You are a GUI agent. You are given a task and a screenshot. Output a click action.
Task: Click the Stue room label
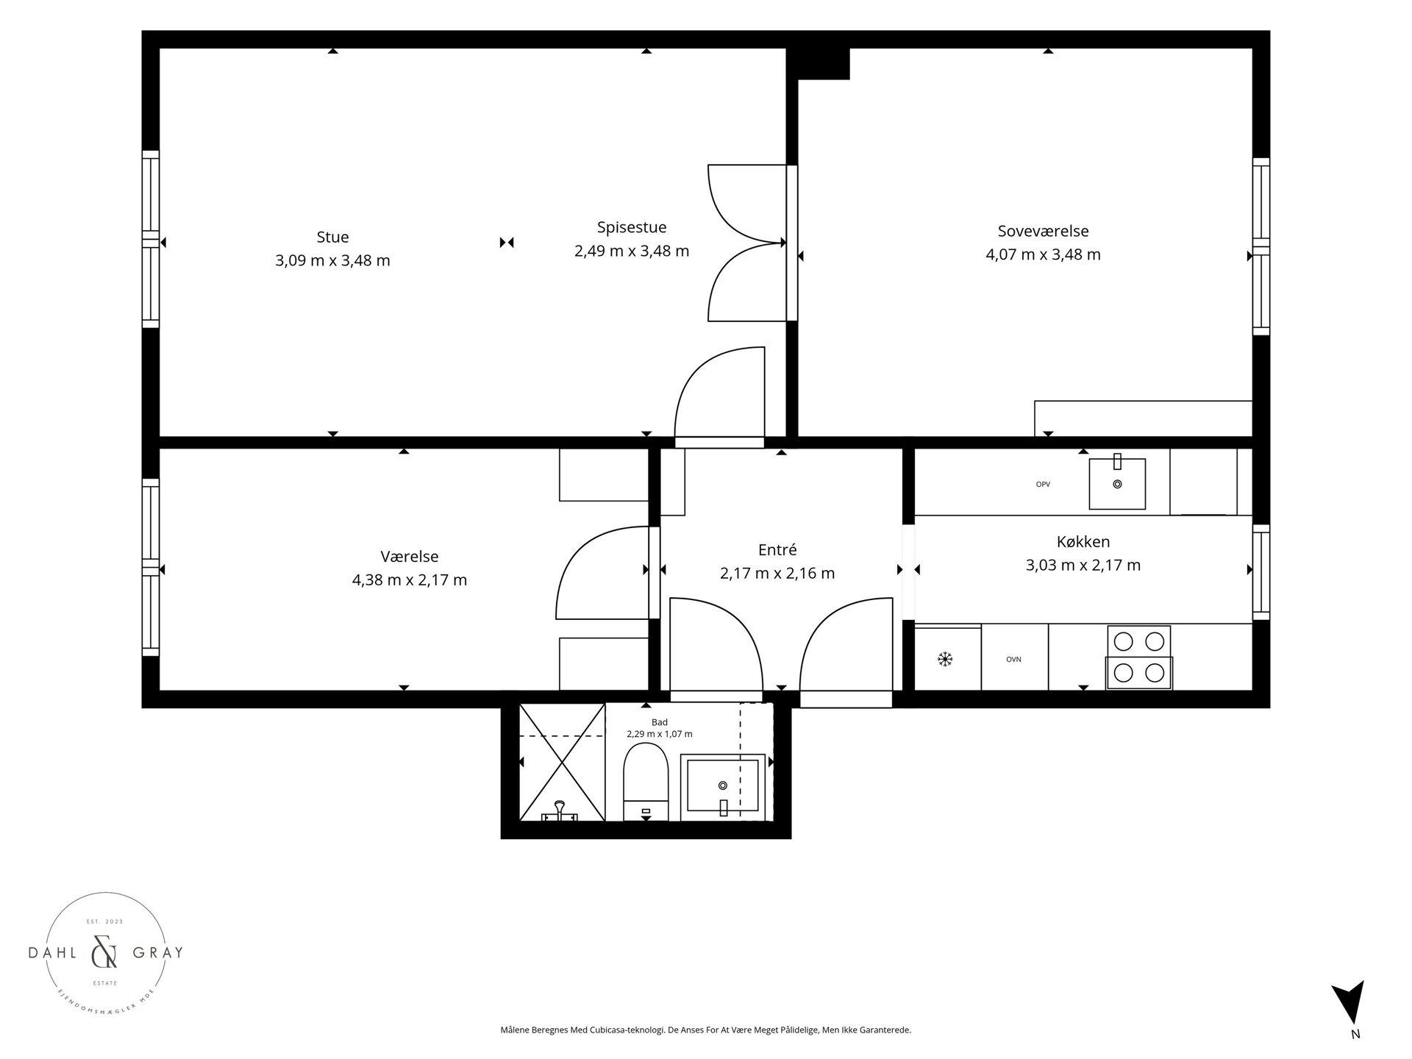click(x=332, y=237)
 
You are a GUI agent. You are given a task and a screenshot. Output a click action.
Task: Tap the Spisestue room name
click(x=632, y=227)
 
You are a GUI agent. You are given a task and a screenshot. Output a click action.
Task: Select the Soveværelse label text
click(x=1043, y=231)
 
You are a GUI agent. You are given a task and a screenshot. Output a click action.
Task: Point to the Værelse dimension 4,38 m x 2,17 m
click(x=410, y=580)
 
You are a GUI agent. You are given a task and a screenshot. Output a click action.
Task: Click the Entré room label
click(x=777, y=549)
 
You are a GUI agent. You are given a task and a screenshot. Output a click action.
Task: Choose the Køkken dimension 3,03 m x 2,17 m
click(x=1083, y=566)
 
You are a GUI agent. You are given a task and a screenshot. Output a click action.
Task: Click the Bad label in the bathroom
click(x=660, y=722)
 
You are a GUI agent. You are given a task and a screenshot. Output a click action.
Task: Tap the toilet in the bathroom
click(x=645, y=782)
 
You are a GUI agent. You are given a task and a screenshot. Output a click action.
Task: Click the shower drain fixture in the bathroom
click(x=560, y=811)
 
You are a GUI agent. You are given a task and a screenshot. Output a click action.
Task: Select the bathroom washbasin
click(x=722, y=786)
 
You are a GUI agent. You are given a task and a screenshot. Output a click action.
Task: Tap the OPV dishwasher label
click(x=1043, y=484)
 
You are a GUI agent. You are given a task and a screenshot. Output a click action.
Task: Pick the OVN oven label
click(x=1014, y=660)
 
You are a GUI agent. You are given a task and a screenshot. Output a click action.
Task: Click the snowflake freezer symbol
click(x=945, y=659)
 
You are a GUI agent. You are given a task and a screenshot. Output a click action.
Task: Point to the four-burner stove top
click(x=1139, y=657)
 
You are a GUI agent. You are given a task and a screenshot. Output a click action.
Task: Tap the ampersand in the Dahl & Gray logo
click(x=104, y=953)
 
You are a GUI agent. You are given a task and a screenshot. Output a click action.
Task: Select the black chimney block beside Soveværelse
click(x=819, y=63)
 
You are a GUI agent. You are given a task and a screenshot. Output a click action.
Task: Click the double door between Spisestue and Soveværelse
click(x=747, y=243)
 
